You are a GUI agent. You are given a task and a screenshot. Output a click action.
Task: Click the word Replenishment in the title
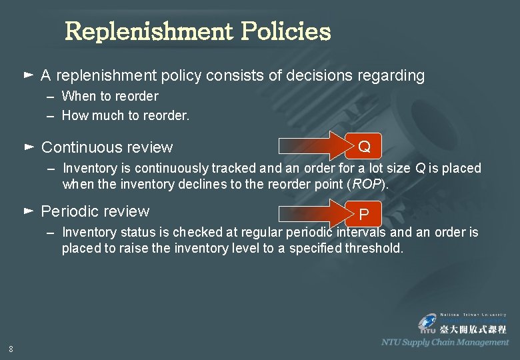[x=148, y=31]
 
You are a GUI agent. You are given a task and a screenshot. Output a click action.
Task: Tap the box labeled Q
[x=364, y=146]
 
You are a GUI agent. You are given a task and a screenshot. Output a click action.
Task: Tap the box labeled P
[x=363, y=214]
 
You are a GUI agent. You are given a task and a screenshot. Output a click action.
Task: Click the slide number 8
[x=11, y=348]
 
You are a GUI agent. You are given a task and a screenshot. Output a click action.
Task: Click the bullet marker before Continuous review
[x=28, y=145]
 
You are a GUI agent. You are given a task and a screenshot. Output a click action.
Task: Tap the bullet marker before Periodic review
[x=28, y=210]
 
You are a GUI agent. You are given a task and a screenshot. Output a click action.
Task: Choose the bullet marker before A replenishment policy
[x=28, y=74]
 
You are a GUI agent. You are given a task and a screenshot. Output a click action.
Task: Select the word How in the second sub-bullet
[x=75, y=115]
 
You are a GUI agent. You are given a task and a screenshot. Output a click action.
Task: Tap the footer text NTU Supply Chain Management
[x=445, y=342]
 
